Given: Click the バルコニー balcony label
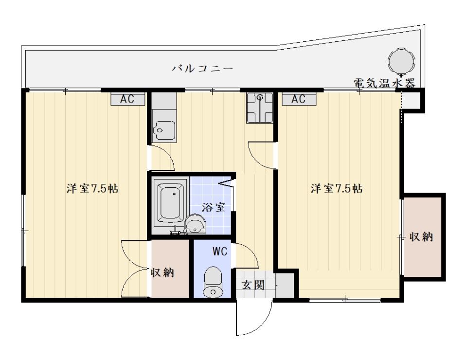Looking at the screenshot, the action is point(202,69).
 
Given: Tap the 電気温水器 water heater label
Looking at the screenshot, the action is point(384,83).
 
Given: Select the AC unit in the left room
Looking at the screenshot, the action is point(128,99).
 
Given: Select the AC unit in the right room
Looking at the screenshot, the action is point(299,99).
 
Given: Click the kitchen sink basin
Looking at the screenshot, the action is point(164,130).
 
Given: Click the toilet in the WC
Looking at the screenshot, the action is point(213,281).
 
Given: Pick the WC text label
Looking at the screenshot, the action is point(220,252).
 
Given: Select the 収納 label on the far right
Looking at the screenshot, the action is point(421,237).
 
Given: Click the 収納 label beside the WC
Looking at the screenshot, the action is point(162,272).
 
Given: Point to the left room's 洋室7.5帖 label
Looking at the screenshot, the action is point(92,188).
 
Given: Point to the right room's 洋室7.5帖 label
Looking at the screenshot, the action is point(337,188).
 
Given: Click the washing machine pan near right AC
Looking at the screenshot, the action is point(260,108).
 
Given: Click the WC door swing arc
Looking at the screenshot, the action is point(251,252).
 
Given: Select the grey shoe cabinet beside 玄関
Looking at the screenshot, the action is point(285,285).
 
